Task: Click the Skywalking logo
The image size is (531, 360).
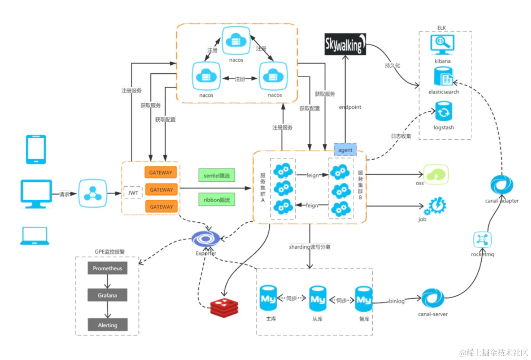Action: pos(345,44)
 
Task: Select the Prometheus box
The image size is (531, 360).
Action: pos(107,268)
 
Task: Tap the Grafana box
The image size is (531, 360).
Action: pos(107,296)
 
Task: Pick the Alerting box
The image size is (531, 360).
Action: pos(107,325)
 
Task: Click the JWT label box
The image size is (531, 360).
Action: pos(133,193)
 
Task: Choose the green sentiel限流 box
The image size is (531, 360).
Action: pos(216,175)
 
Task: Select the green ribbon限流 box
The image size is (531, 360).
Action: pos(216,200)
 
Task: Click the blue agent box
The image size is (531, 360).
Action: pos(345,150)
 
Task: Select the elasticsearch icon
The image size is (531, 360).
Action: pos(443,78)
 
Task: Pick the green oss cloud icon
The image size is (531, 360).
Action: pos(436,174)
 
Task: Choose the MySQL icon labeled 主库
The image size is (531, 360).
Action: pos(268,298)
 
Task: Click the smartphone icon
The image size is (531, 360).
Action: pos(36,149)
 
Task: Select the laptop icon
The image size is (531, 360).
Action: pos(35,236)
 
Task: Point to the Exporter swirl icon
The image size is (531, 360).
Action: pos(206,238)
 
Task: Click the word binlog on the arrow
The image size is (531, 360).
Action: pos(397,301)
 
